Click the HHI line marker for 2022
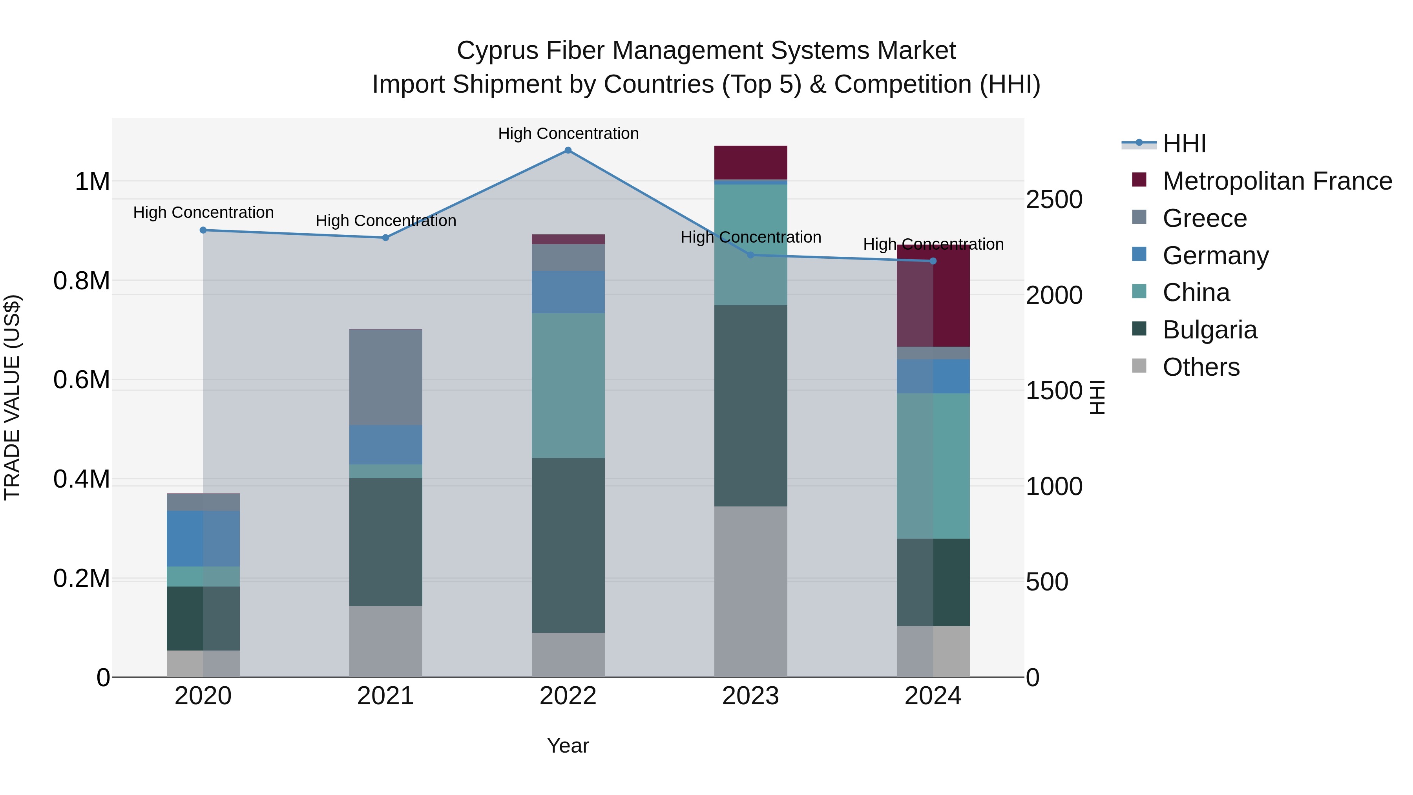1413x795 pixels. [x=568, y=150]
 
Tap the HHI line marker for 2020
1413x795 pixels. [x=203, y=230]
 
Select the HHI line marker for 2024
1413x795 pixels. [x=933, y=261]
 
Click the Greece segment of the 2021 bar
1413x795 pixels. [x=385, y=377]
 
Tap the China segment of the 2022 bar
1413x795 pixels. [x=568, y=385]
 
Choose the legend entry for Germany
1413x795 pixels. [x=1215, y=256]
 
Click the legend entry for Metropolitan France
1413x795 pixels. [x=1276, y=181]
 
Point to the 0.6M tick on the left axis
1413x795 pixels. [x=81, y=380]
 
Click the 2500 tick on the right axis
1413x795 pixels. [x=1054, y=200]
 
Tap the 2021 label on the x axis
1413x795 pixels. [x=385, y=696]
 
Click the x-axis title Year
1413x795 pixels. [x=568, y=746]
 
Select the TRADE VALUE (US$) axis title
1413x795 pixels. [x=12, y=397]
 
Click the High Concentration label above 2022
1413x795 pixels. [x=568, y=133]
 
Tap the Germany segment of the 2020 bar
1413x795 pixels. [x=203, y=538]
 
